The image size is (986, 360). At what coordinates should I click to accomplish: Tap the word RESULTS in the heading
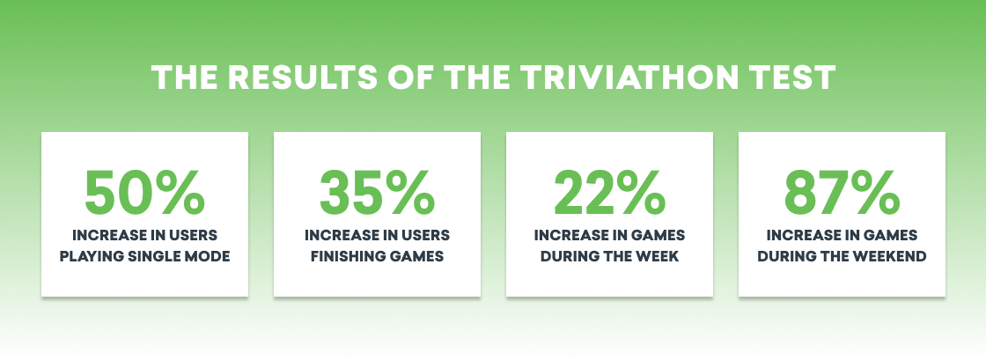(x=305, y=78)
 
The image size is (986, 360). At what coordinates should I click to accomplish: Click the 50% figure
(x=144, y=192)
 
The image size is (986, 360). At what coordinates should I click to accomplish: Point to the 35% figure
(x=378, y=192)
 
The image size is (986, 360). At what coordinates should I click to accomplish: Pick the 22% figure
(x=609, y=192)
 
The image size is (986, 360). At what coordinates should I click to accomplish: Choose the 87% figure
(x=842, y=192)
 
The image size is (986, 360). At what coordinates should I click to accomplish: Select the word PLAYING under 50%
(x=94, y=257)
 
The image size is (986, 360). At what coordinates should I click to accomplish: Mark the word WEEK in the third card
(x=657, y=257)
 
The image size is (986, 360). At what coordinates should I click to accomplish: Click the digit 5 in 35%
(x=366, y=192)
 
